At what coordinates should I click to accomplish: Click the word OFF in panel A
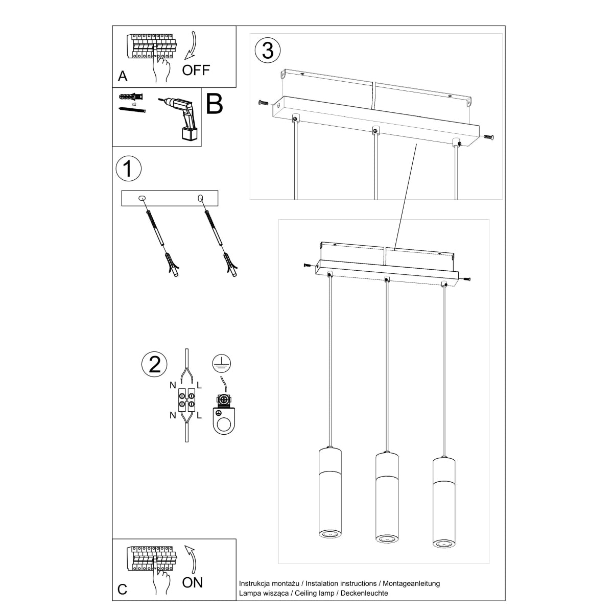point(196,70)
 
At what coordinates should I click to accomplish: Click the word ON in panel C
point(192,582)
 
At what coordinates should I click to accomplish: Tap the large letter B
point(215,104)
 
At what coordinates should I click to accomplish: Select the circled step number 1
point(128,169)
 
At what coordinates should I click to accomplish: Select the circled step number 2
point(154,364)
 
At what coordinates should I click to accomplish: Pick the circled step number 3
point(267,51)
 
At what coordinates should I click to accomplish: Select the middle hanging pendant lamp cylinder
point(387,498)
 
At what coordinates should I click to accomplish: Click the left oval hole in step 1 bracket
point(143,197)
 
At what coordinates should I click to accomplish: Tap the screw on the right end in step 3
point(488,136)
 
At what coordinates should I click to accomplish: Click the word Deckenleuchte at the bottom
point(366,593)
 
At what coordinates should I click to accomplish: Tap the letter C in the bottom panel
point(122,590)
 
